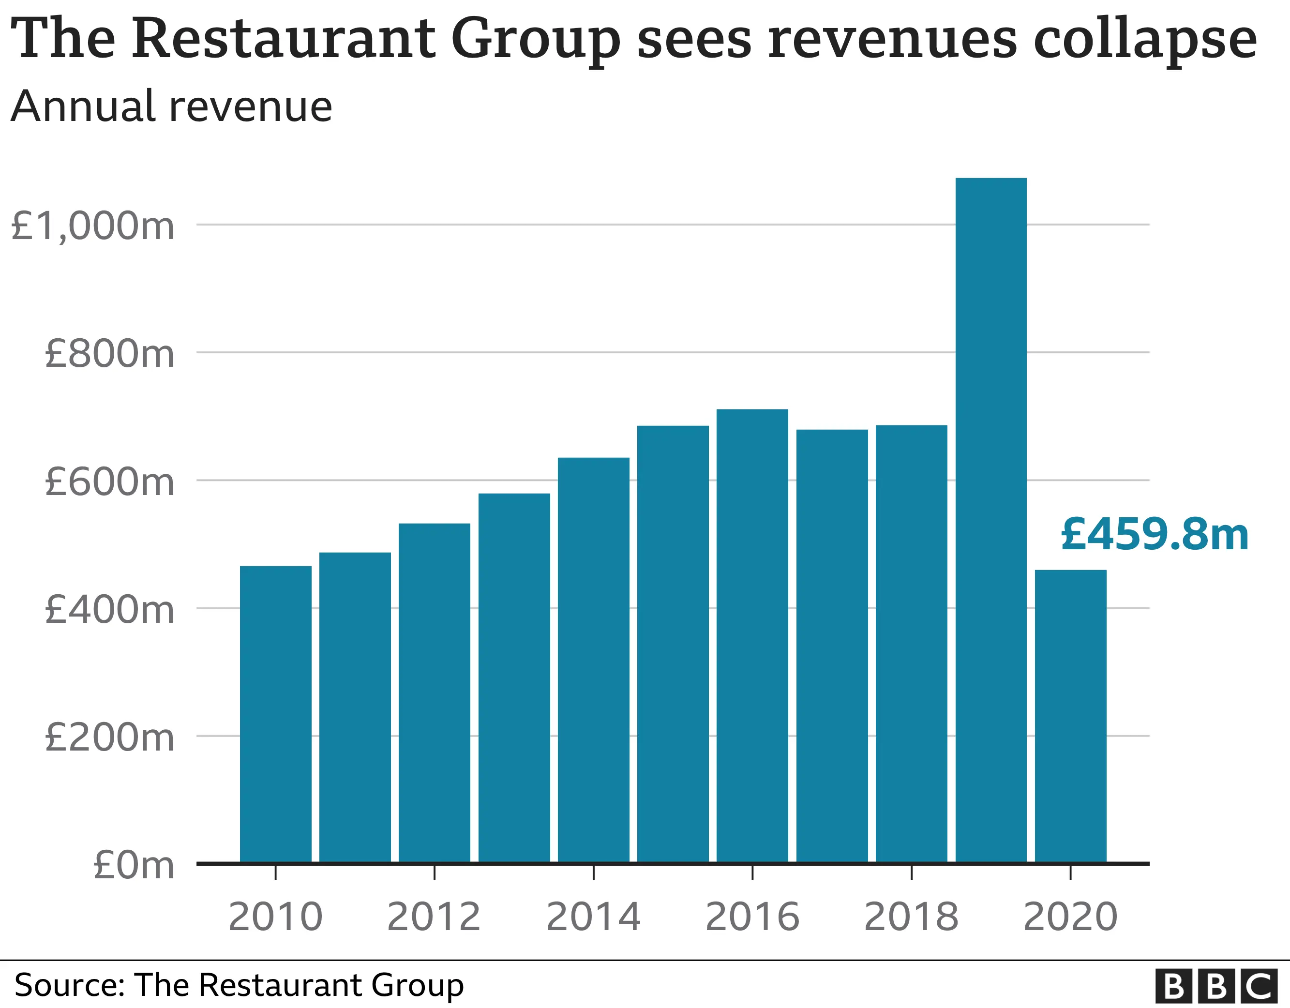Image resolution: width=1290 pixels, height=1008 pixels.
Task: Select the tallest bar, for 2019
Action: pyautogui.click(x=990, y=520)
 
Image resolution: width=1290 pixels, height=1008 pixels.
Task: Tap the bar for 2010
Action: pyautogui.click(x=275, y=714)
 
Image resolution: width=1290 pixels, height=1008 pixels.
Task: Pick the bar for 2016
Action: pyautogui.click(x=752, y=636)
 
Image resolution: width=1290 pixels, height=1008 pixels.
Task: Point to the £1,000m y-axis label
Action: pyautogui.click(x=93, y=226)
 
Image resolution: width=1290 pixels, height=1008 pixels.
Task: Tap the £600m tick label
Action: pyautogui.click(x=109, y=481)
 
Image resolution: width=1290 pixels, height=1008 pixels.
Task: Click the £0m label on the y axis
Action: pyautogui.click(x=134, y=866)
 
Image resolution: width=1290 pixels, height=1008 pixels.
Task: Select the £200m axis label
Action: pyautogui.click(x=109, y=737)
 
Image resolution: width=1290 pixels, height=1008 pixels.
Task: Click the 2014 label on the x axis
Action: pyautogui.click(x=593, y=917)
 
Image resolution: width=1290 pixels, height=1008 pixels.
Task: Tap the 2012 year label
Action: pyautogui.click(x=434, y=917)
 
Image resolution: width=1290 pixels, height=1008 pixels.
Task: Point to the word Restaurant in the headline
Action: pyautogui.click(x=284, y=38)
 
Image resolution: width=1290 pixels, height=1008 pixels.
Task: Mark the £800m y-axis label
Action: pyautogui.click(x=109, y=354)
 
